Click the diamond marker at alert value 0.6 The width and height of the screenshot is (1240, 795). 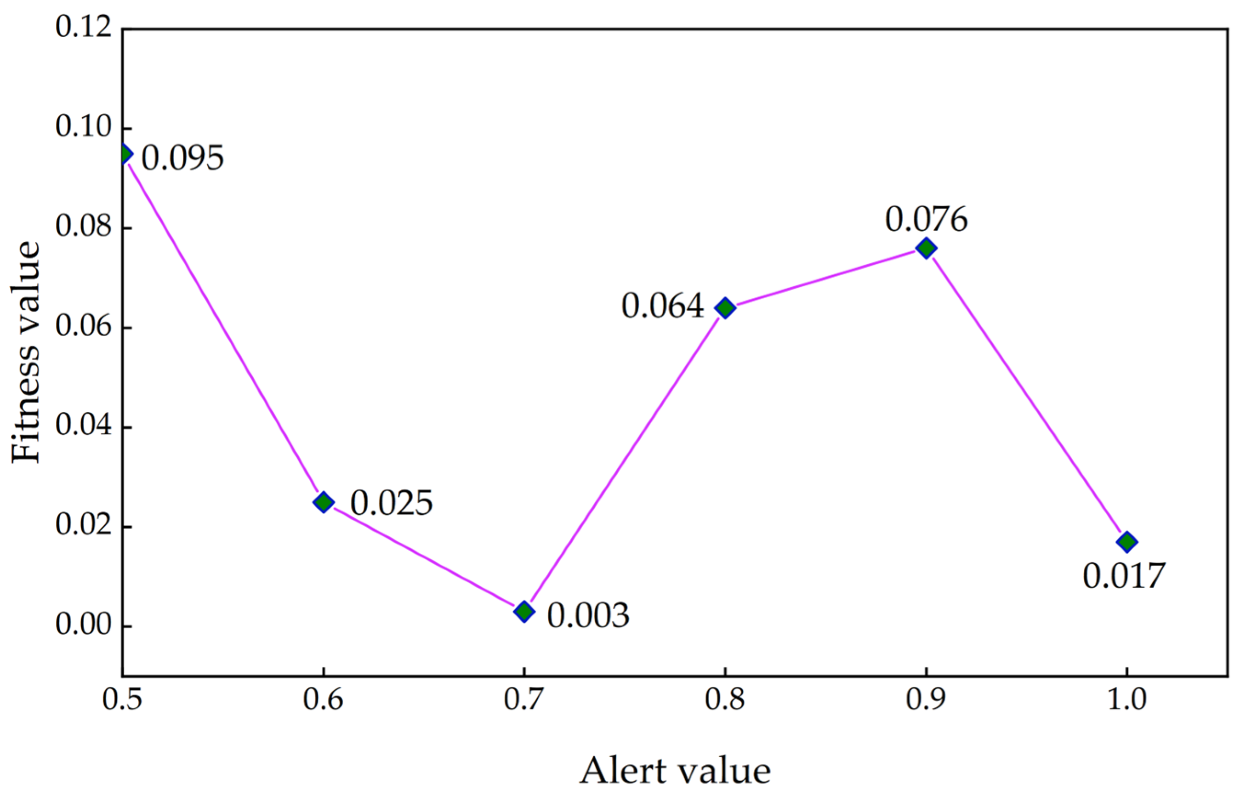click(x=324, y=502)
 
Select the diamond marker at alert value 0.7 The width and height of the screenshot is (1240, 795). click(x=524, y=611)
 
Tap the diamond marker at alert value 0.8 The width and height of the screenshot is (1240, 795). click(x=725, y=308)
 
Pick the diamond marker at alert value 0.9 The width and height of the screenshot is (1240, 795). click(x=926, y=248)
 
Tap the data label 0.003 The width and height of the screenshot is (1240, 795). click(x=588, y=615)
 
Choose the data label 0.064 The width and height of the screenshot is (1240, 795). click(x=662, y=306)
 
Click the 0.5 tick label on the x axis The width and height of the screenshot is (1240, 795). click(x=122, y=700)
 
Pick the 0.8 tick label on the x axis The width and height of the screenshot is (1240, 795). click(x=725, y=700)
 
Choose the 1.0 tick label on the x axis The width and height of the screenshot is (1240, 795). click(x=1127, y=700)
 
